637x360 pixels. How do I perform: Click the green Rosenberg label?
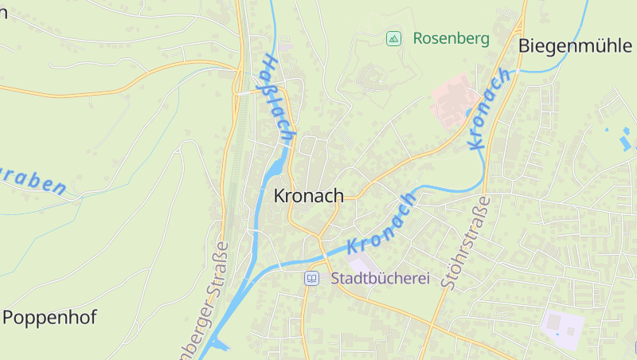click(x=451, y=38)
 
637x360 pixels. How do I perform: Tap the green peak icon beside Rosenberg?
click(x=393, y=38)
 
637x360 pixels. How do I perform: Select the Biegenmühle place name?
click(x=574, y=45)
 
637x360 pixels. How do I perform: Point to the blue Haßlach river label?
click(x=277, y=96)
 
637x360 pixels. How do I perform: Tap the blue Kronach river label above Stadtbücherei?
click(x=382, y=225)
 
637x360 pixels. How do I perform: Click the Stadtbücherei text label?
click(x=380, y=279)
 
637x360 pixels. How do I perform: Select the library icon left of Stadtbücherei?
click(x=311, y=279)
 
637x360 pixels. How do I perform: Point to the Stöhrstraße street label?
click(x=468, y=247)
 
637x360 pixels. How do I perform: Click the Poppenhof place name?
click(x=49, y=317)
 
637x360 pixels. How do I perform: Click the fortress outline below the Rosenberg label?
click(x=369, y=78)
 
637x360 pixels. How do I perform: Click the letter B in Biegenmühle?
click(x=524, y=45)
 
